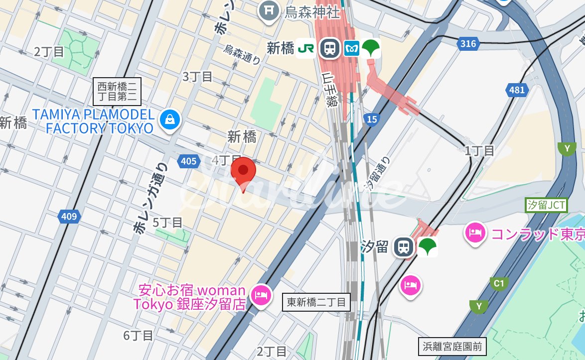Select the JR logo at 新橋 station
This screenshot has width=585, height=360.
click(x=305, y=48)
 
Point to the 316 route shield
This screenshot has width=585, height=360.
click(x=468, y=44)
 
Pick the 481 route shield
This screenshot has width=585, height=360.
click(x=517, y=90)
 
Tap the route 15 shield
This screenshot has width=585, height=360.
click(x=371, y=119)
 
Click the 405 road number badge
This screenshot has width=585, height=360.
click(x=188, y=161)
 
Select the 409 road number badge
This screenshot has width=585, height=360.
click(x=69, y=216)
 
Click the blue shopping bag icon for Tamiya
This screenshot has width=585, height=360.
click(x=170, y=120)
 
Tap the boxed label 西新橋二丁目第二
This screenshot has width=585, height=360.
click(x=119, y=91)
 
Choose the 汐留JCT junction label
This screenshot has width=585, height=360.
click(x=546, y=205)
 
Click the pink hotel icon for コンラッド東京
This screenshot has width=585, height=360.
click(x=475, y=233)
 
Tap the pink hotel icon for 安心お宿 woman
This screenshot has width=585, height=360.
click(x=261, y=295)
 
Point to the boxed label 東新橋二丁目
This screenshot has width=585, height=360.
click(x=316, y=302)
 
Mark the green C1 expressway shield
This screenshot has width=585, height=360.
click(x=498, y=283)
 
